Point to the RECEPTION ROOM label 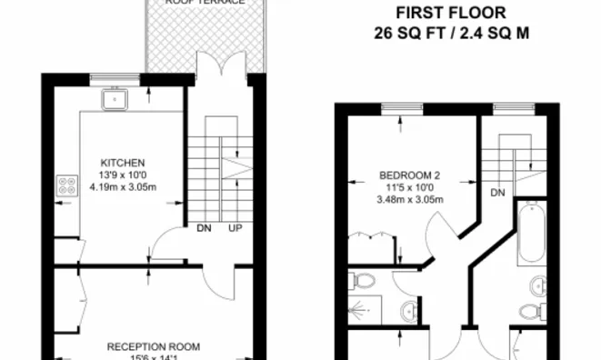(x=148, y=346)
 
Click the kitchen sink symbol (x=115, y=97)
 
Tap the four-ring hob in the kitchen (x=67, y=186)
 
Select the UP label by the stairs (x=235, y=228)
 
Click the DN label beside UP (x=204, y=228)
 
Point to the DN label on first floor (x=497, y=193)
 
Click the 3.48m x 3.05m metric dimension (x=410, y=199)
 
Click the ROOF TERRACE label (x=205, y=3)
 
